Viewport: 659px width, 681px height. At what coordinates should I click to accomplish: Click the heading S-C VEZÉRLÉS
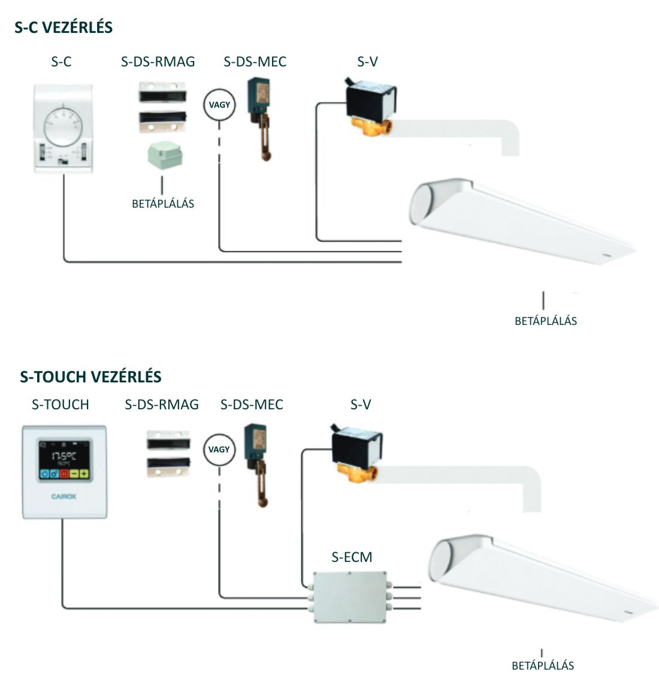(x=64, y=28)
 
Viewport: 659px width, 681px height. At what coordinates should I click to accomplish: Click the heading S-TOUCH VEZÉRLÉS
(x=90, y=377)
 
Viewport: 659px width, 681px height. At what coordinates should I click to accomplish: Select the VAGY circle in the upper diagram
(x=219, y=105)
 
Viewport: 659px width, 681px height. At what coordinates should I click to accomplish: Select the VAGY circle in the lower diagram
(x=219, y=449)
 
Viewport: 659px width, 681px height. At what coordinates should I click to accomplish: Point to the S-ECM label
(x=352, y=557)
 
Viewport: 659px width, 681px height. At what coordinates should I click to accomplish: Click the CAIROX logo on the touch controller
(x=64, y=496)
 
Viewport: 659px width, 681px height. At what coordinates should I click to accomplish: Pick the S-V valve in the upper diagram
(x=369, y=105)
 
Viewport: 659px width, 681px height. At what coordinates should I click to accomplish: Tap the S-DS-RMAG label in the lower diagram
(x=162, y=405)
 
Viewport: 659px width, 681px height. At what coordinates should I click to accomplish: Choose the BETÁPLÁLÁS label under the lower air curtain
(x=543, y=665)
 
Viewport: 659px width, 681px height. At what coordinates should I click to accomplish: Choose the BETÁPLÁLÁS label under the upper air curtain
(x=546, y=321)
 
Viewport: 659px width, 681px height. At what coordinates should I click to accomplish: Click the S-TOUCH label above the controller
(x=61, y=405)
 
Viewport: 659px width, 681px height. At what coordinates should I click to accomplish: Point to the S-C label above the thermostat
(x=62, y=61)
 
